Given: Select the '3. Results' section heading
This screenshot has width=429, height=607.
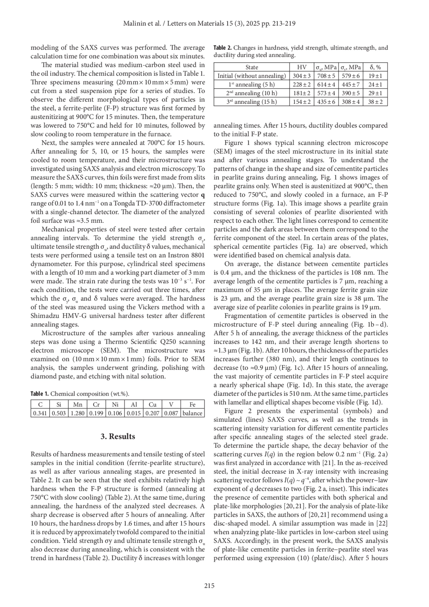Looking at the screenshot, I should [118, 436].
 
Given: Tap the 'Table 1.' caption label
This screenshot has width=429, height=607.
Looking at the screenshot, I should [40, 394].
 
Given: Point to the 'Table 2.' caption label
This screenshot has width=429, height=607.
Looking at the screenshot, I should [222, 48].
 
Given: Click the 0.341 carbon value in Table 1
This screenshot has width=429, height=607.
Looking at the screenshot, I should [40, 413].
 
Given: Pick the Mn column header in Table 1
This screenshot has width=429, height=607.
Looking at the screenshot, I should [78, 405].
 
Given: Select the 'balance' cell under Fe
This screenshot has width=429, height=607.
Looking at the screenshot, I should [192, 413].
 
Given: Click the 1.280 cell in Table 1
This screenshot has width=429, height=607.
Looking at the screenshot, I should [78, 413].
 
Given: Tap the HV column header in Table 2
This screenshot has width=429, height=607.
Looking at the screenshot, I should [302, 67].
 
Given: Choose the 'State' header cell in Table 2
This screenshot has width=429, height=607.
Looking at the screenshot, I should [252, 67].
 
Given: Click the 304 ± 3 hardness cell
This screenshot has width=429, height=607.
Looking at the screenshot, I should [302, 76].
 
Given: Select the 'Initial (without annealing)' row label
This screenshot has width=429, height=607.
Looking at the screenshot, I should [252, 76].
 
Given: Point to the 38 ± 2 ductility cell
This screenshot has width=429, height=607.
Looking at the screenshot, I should [375, 102].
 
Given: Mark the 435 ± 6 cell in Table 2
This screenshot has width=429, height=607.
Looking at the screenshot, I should [326, 102].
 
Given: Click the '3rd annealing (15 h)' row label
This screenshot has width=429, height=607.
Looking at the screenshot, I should [252, 102].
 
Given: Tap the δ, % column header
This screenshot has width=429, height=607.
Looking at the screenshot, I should [375, 67].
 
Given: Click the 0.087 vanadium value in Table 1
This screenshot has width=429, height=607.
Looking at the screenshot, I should [171, 413].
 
